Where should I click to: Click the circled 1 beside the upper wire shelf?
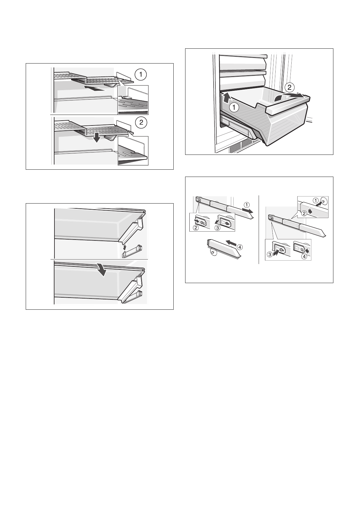click(x=141, y=75)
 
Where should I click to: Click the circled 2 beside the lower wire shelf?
click(x=141, y=122)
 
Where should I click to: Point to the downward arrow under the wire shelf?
click(x=97, y=138)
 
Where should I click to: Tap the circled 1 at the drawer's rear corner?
click(x=234, y=107)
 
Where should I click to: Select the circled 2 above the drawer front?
click(x=289, y=87)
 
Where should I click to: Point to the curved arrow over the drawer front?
click(x=289, y=96)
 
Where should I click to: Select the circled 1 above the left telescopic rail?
click(x=247, y=204)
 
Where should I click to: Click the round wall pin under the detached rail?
click(x=214, y=253)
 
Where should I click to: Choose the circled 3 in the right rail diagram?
click(x=270, y=255)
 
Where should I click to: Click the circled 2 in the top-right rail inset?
click(x=304, y=214)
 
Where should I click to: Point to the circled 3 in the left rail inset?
click(x=218, y=228)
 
